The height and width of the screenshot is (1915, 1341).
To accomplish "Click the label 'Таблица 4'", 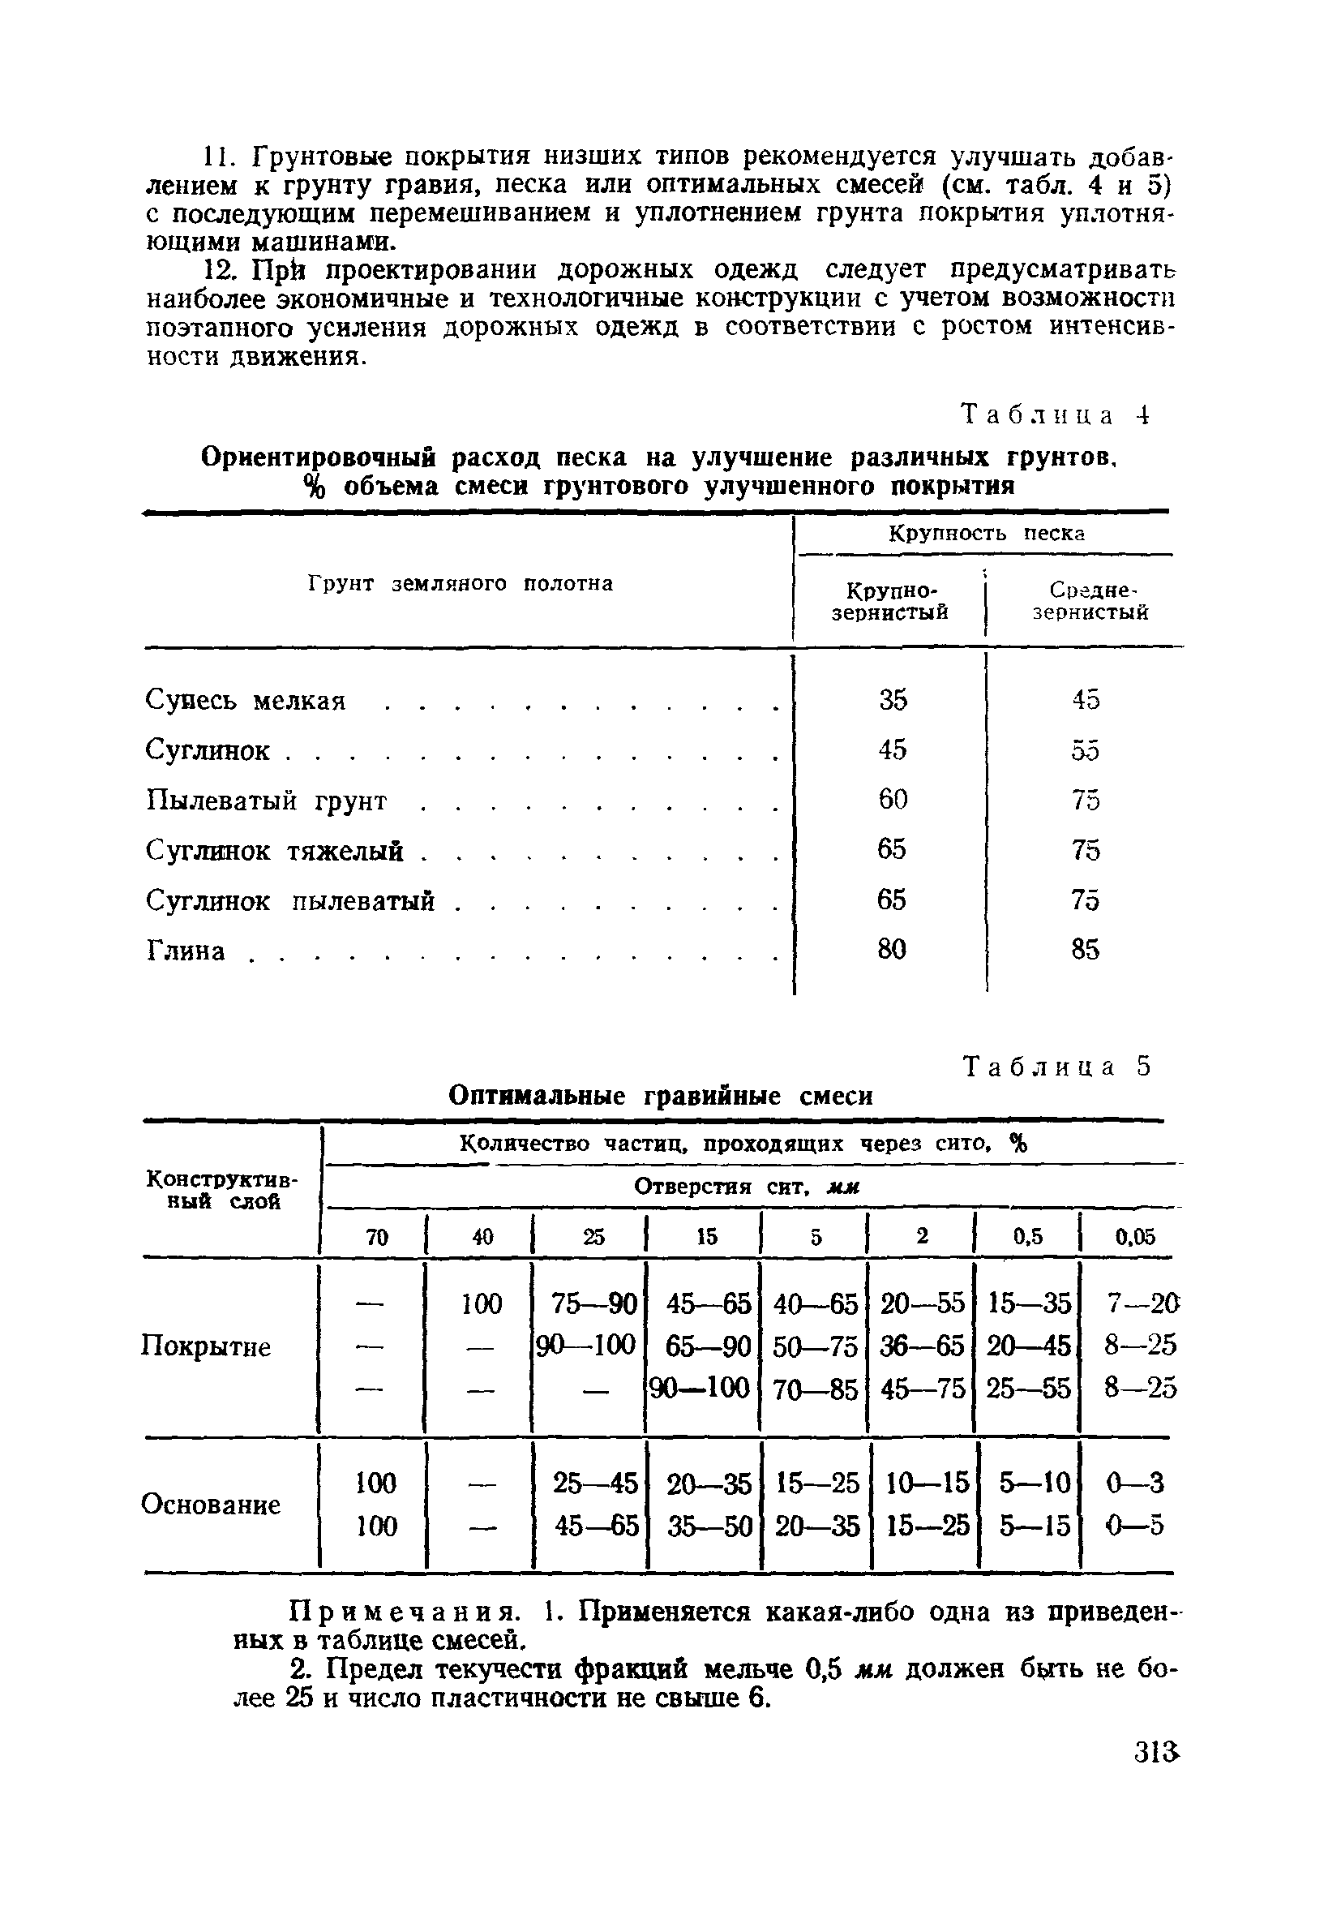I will (1056, 414).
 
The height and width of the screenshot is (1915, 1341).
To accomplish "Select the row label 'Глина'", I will (186, 951).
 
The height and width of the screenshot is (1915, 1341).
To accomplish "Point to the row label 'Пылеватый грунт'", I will (267, 801).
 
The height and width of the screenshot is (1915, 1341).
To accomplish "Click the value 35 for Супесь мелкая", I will (893, 699).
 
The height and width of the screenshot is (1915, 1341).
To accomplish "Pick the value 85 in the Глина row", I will (1086, 950).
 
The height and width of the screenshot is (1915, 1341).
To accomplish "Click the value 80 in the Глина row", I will (892, 949).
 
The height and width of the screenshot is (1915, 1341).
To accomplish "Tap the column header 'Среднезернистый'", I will (1090, 601).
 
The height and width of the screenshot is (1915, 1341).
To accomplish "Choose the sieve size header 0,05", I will (1135, 1237).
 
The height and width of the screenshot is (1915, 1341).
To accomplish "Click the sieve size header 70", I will (377, 1238).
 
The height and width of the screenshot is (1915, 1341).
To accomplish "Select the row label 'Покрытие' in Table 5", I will (206, 1347).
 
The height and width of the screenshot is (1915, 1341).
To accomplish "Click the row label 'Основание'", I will (210, 1504).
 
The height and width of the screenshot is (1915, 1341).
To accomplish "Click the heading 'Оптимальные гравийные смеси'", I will (661, 1095).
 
